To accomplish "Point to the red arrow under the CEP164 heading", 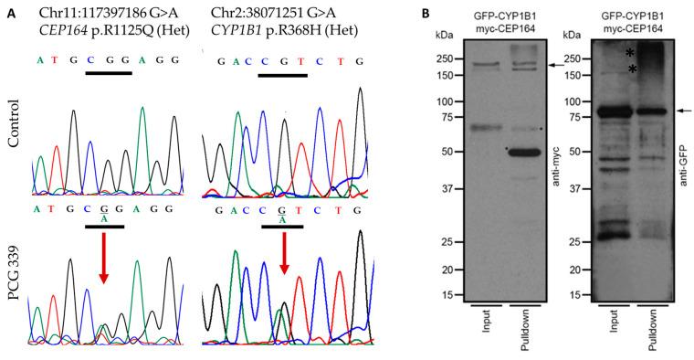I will [x=103, y=273].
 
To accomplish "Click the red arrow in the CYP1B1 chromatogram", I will [x=283, y=273].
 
